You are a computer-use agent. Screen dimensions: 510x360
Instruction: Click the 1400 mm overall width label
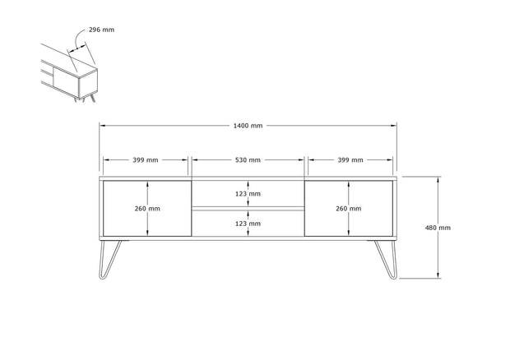point(248,126)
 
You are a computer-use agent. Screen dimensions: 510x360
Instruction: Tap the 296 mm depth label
point(101,30)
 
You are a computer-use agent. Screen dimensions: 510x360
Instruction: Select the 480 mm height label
point(438,228)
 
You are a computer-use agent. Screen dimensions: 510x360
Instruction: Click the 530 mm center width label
point(248,159)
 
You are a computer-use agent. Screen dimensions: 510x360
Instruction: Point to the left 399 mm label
point(146,159)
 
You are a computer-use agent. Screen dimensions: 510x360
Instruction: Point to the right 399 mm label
point(350,159)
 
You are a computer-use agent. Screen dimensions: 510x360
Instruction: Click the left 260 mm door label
point(147,209)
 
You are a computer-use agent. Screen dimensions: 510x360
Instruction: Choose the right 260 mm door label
point(349,209)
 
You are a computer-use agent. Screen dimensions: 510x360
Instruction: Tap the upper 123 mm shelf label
point(248,194)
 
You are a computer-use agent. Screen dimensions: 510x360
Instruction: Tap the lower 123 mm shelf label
point(248,224)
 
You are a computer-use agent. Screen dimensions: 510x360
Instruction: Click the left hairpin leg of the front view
point(109,260)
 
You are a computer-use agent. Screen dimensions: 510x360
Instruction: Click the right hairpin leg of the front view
point(386,260)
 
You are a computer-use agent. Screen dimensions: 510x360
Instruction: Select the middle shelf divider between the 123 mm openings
point(248,208)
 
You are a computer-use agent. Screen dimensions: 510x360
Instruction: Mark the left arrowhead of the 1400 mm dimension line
point(102,126)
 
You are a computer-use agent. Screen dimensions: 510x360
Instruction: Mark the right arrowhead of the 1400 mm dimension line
point(394,126)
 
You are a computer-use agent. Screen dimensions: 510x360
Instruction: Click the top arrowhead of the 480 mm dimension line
point(438,179)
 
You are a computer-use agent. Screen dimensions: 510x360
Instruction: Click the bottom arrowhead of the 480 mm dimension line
point(438,275)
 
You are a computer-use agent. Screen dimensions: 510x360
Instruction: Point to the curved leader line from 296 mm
point(79,39)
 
